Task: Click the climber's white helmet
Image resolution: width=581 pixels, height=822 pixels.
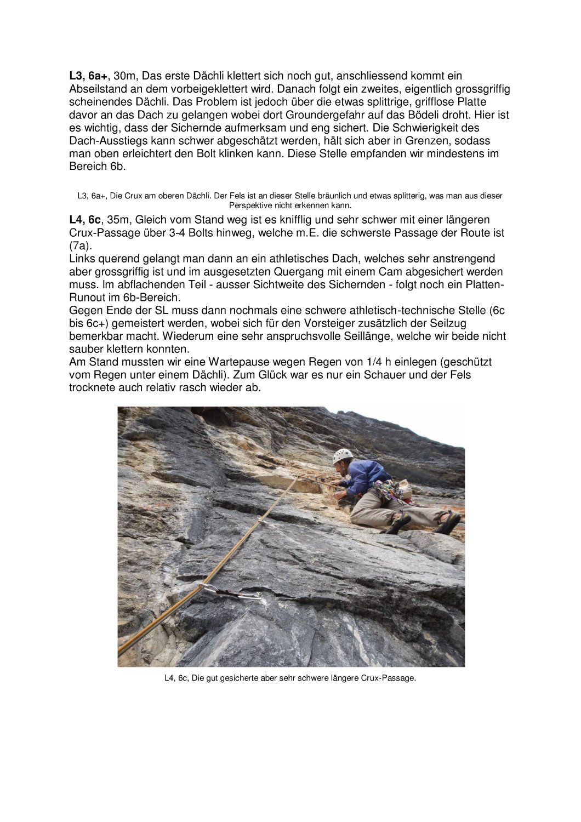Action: [x=343, y=456]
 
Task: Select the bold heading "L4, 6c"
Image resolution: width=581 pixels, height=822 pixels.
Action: [x=86, y=220]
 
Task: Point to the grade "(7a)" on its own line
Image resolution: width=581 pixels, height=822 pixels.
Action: [x=81, y=246]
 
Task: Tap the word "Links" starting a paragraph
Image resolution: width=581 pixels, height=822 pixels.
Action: [x=82, y=259]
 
